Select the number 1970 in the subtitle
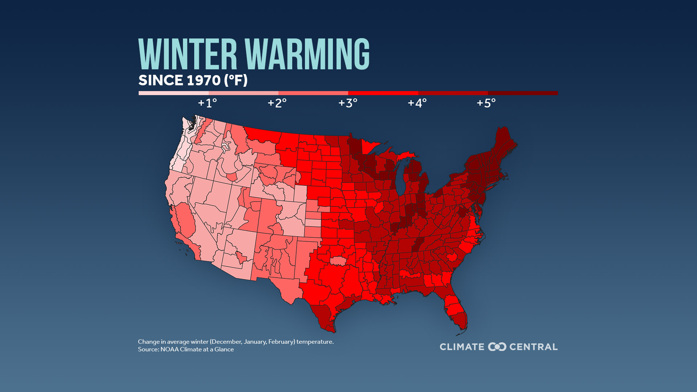203,80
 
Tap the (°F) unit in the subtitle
236,80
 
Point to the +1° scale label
207,103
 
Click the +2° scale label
277,103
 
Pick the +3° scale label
348,103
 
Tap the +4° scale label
417,103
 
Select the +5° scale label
486,103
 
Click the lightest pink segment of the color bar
174,93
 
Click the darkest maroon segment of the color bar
523,93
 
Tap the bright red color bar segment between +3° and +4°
383,93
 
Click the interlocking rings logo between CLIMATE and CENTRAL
497,347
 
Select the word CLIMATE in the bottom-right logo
462,347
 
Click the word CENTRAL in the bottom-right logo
533,347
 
